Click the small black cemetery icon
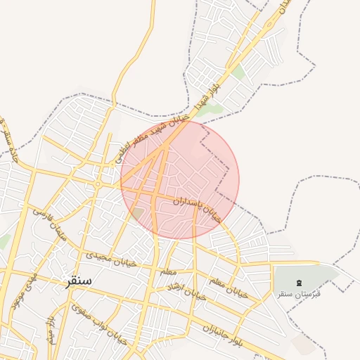tap(300, 283)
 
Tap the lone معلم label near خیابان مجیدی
tap(167, 271)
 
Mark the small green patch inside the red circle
tap(137, 212)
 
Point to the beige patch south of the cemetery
tap(303, 345)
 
